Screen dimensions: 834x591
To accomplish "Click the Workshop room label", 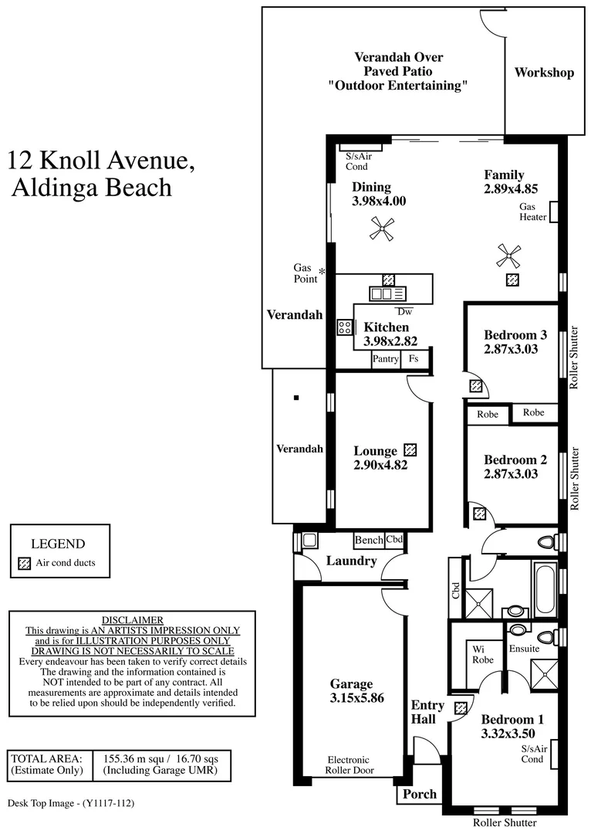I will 544,73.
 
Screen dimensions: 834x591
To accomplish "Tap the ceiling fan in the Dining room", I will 381,227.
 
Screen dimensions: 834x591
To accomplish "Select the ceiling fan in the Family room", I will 508,256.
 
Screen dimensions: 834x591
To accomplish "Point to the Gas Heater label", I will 533,212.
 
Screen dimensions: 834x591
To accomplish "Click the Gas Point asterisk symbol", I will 323,271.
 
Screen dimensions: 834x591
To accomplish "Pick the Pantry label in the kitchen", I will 386,359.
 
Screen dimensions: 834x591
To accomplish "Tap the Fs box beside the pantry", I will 414,359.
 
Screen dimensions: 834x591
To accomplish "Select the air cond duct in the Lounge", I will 410,449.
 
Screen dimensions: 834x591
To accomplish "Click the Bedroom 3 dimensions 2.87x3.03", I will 510,349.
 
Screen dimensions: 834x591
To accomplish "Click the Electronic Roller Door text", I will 349,765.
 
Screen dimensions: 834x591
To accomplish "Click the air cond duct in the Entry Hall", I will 461,707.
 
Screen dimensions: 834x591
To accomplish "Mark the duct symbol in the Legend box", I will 24,563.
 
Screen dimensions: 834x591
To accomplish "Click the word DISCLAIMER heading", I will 132,620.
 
